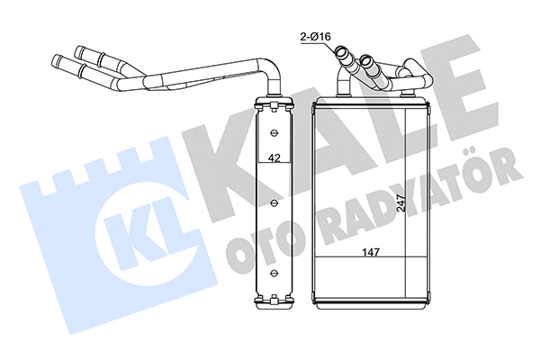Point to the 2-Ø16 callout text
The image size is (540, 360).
(x=318, y=37)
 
